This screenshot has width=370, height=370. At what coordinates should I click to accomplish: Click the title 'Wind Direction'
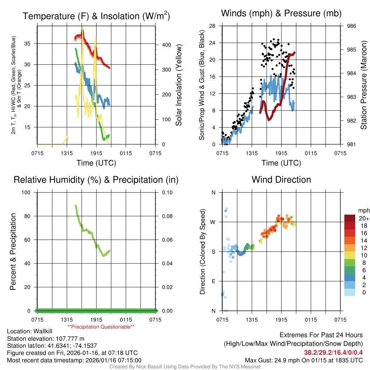[281, 180]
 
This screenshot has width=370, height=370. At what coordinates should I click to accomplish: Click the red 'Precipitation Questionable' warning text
[101, 327]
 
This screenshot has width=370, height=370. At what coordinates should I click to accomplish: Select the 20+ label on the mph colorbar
[363, 218]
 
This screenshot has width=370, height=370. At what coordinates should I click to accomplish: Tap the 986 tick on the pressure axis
[352, 26]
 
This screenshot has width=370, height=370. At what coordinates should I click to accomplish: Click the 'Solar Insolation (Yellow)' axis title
[178, 85]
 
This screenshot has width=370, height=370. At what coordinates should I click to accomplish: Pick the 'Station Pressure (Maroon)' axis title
[364, 85]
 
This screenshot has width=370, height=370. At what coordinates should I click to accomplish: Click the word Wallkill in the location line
[44, 331]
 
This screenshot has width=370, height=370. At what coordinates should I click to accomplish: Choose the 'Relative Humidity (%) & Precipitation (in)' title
[96, 180]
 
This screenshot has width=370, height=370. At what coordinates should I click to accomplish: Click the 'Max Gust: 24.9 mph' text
[274, 360]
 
